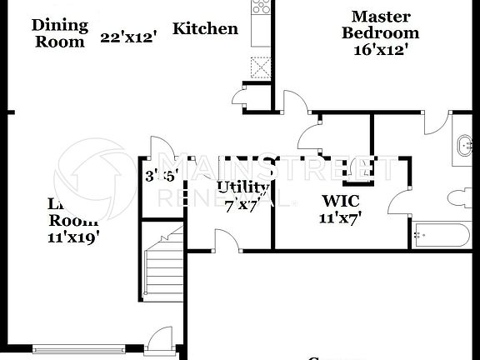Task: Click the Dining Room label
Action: coord(59,32)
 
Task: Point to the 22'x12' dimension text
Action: coord(128,37)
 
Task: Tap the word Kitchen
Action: coord(205,29)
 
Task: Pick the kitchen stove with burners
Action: coord(261,7)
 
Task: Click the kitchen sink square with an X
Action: coord(261,65)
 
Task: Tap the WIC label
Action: coord(340,201)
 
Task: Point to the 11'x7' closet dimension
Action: coord(340,218)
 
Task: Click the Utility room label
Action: coord(242,187)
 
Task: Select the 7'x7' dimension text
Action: coord(241,206)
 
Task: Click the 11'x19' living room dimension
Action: coord(73,237)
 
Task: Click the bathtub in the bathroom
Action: coord(442,235)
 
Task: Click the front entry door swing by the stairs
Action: coord(156,339)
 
